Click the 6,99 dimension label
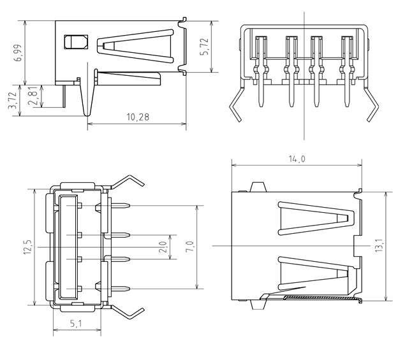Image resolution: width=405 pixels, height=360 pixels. point(19,53)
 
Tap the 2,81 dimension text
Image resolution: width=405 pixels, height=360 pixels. point(34,96)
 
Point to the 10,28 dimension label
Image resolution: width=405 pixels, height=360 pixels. point(138,117)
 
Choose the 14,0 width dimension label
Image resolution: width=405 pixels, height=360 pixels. point(297,159)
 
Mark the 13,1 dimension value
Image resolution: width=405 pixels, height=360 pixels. point(379,246)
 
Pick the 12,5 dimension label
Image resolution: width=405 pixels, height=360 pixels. point(27,247)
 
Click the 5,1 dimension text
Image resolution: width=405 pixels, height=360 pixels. point(76,324)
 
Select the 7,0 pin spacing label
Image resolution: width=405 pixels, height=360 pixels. point(189,247)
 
